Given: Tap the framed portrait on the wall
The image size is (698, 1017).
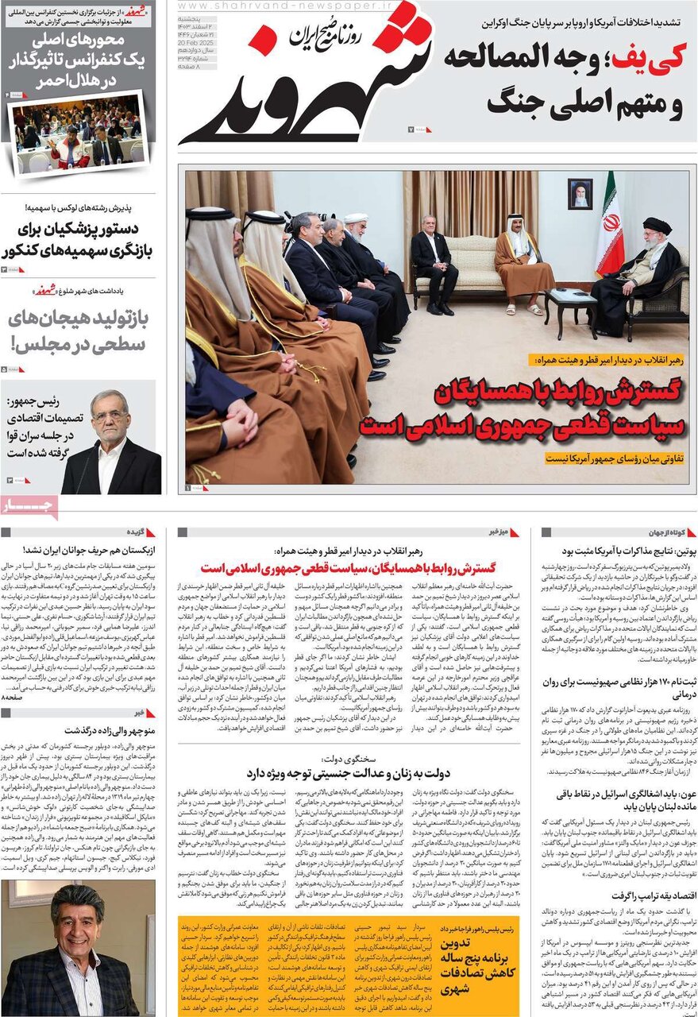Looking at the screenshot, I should click(x=580, y=194).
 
